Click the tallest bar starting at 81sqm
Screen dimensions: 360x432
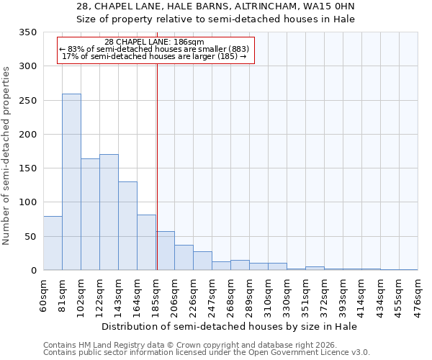(71, 182)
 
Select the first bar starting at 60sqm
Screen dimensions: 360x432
(53, 243)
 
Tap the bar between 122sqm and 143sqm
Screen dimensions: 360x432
(109, 212)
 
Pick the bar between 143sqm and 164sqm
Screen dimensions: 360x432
(127, 226)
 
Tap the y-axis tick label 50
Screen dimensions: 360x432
(30, 237)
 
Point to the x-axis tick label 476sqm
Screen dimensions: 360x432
(418, 294)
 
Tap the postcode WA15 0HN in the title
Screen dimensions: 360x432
(327, 6)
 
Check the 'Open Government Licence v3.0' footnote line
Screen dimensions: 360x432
(206, 353)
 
